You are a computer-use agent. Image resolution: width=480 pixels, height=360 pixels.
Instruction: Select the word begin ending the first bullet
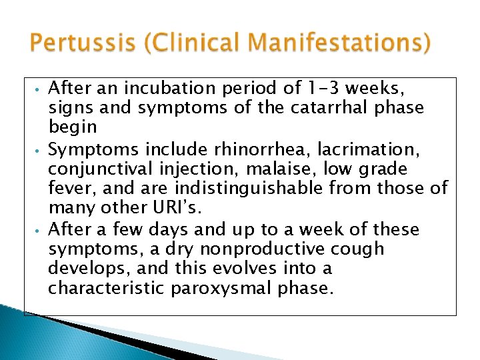[73, 127]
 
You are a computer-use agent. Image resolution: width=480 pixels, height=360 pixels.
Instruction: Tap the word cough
[360, 249]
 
